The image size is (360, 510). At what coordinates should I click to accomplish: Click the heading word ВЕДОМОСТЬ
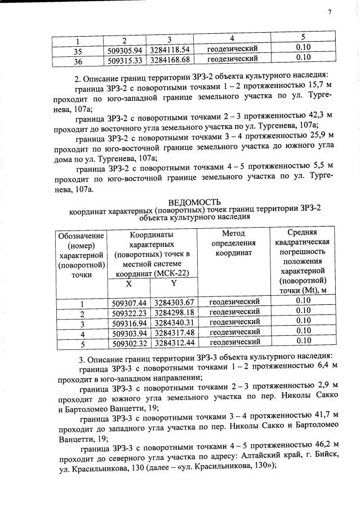pos(194,202)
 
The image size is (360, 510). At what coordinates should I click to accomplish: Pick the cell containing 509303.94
pos(129,332)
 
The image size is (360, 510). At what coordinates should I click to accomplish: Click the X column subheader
pos(129,284)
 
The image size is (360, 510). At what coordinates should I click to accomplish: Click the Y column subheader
pos(174,284)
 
